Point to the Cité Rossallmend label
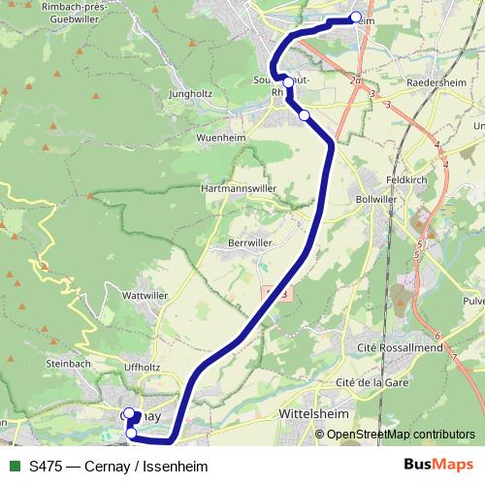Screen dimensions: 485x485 click(x=401, y=346)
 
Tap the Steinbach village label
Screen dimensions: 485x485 click(x=66, y=363)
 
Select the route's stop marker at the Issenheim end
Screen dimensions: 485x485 click(x=356, y=16)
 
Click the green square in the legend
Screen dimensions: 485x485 click(x=13, y=466)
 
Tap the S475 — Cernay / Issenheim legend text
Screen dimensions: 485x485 click(x=118, y=466)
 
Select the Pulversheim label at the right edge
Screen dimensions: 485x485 click(x=474, y=302)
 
